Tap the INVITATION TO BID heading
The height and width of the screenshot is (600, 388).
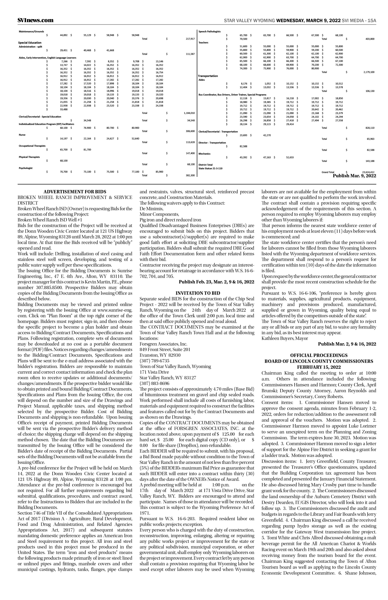[x=198, y=293]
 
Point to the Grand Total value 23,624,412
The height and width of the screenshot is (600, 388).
[x=368, y=172]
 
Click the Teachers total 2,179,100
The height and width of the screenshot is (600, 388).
[x=369, y=72]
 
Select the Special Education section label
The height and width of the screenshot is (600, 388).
[x=30, y=43]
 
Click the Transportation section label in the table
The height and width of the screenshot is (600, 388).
[x=208, y=76]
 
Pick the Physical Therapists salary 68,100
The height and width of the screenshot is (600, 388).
[x=63, y=161]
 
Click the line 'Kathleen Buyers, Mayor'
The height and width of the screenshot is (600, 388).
[x=285, y=338]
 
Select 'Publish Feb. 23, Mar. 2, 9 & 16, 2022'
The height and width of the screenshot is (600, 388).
[x=216, y=282]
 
